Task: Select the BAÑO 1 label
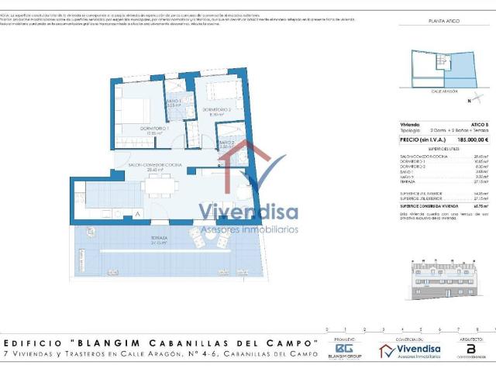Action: [x=174, y=102]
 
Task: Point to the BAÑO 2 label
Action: [x=226, y=143]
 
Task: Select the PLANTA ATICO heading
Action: [x=444, y=21]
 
